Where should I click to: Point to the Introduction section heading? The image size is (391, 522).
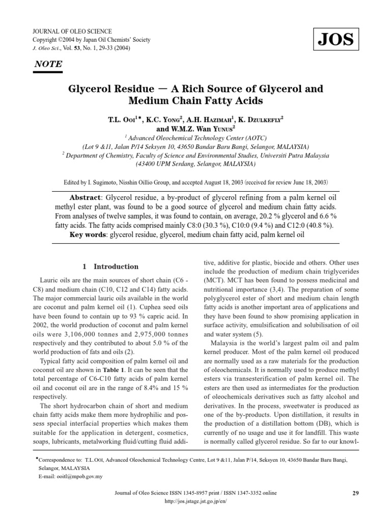point(110,266)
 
